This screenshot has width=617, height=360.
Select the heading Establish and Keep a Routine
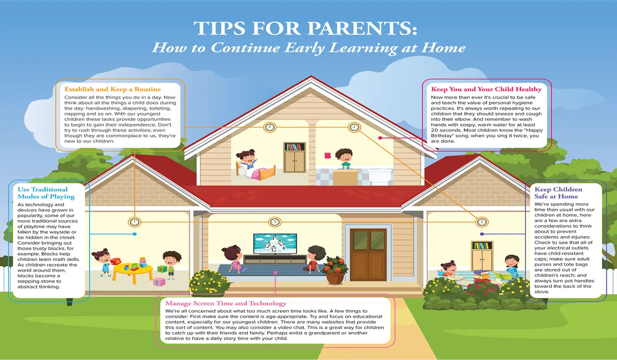pyautogui.click(x=113, y=89)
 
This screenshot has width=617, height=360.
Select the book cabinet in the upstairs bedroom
pyautogui.click(x=295, y=157)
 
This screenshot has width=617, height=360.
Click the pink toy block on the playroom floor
pyautogui.click(x=159, y=282)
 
